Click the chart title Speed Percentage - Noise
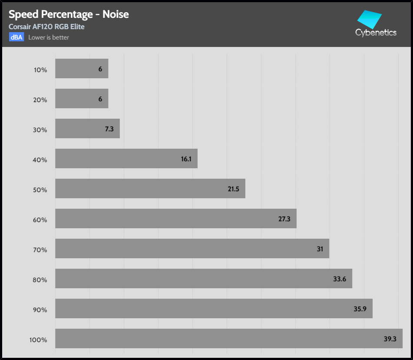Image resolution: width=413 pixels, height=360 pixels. click(x=69, y=14)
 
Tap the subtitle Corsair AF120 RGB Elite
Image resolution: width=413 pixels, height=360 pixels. click(x=46, y=27)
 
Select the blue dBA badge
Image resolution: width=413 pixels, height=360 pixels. click(x=17, y=37)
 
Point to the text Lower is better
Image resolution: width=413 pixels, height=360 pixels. click(x=49, y=37)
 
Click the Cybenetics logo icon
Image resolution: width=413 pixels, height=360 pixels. click(x=370, y=20)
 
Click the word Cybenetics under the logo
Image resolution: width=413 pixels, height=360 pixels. click(x=376, y=33)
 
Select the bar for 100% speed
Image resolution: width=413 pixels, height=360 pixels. click(x=229, y=338)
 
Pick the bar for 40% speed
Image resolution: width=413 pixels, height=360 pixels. click(x=126, y=159)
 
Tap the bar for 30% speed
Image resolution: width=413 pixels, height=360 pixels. click(x=87, y=129)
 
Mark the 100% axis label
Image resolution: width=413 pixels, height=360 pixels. click(x=38, y=340)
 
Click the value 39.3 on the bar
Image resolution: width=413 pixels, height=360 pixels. click(x=390, y=339)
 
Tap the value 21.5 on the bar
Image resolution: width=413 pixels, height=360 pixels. click(x=234, y=189)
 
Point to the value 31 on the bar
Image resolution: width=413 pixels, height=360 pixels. click(x=320, y=249)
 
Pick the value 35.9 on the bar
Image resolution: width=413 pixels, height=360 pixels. click(x=360, y=309)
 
